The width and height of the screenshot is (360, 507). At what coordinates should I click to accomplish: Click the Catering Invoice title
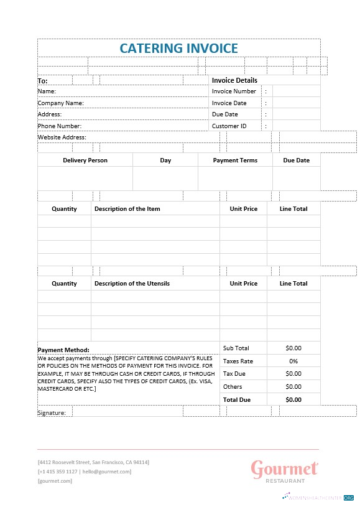[x=178, y=48]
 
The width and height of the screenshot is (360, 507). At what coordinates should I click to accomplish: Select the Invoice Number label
[x=234, y=91]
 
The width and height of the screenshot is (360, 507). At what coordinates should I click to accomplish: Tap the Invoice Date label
[x=229, y=103]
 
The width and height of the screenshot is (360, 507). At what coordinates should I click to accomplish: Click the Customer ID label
[x=229, y=126]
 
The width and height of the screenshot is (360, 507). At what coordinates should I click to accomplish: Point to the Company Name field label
[x=60, y=103]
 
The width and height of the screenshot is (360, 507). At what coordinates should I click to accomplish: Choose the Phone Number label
[x=60, y=126]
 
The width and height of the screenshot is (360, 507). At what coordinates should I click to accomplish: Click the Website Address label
[x=62, y=137]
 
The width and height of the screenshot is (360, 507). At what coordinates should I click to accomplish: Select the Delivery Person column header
[x=85, y=160]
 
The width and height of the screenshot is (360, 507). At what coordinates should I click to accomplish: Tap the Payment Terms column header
[x=235, y=160]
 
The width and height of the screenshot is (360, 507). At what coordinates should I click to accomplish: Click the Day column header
[x=165, y=160]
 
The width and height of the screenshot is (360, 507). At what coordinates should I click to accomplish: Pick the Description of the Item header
[x=127, y=209]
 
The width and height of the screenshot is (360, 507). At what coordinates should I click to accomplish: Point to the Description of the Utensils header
[x=132, y=284]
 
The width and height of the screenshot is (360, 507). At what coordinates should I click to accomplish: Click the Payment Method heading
[x=63, y=350]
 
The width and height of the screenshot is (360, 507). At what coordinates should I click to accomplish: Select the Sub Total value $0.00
[x=293, y=348]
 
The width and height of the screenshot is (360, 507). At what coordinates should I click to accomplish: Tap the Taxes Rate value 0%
[x=293, y=361]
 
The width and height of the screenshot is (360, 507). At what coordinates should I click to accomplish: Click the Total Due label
[x=237, y=399]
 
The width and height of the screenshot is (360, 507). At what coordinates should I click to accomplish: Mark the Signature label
[x=51, y=412]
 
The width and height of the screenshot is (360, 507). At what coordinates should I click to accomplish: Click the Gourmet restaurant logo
[x=285, y=470]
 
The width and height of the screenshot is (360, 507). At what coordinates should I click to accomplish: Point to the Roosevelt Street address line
[x=93, y=462]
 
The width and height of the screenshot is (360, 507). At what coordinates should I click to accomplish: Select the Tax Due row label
[x=234, y=374]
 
